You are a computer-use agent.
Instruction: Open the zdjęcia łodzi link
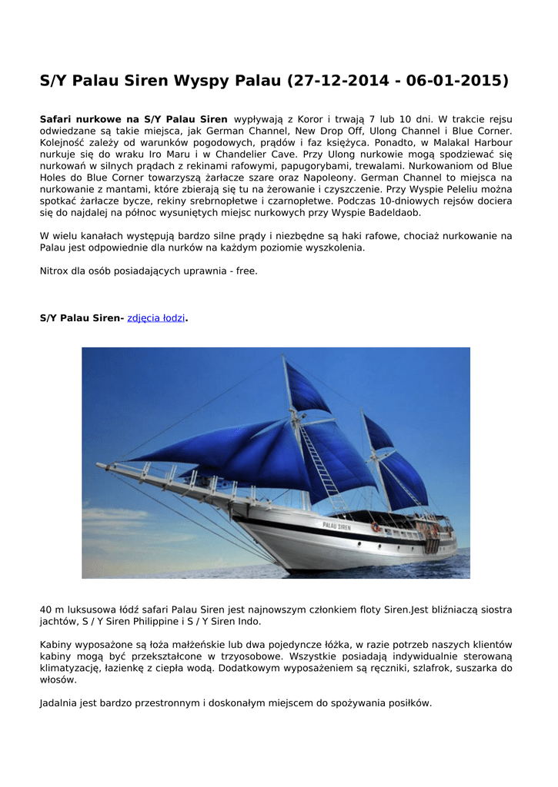click(156, 318)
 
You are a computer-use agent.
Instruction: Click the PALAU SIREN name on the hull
click(336, 527)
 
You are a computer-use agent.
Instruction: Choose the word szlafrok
click(426, 668)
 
